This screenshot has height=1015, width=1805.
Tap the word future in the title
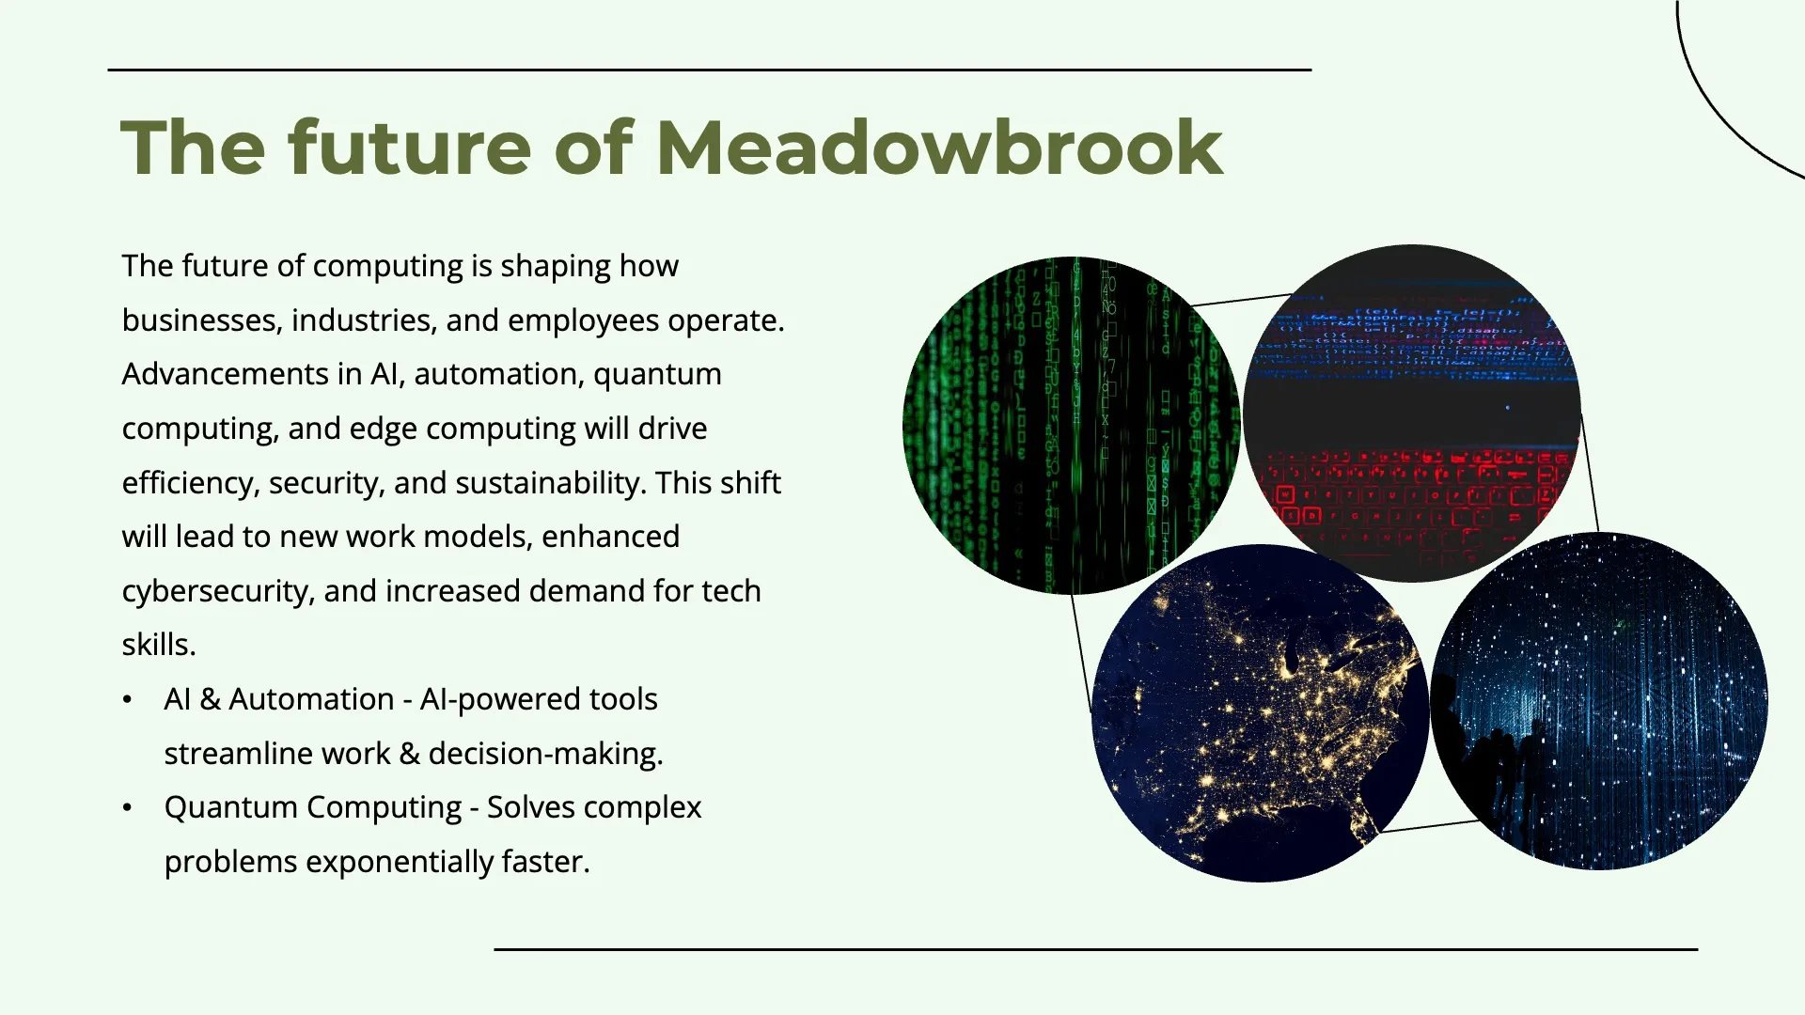pyautogui.click(x=410, y=148)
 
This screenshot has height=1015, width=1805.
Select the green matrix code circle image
pyautogui.click(x=1072, y=425)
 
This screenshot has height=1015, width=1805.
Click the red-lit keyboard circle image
pyautogui.click(x=1412, y=414)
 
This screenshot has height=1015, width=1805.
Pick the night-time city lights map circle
pyautogui.click(x=1261, y=713)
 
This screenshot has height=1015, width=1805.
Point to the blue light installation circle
pyautogui.click(x=1599, y=701)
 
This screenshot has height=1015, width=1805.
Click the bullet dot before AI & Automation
pyautogui.click(x=127, y=700)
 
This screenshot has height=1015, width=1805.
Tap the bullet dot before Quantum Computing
pyautogui.click(x=127, y=808)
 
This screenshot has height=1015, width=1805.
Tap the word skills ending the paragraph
pyautogui.click(x=159, y=645)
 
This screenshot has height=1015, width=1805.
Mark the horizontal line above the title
pyautogui.click(x=710, y=70)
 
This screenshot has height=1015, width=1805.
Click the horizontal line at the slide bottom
pyautogui.click(x=1096, y=949)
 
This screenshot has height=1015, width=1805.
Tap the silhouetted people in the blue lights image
pyautogui.click(x=1495, y=761)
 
